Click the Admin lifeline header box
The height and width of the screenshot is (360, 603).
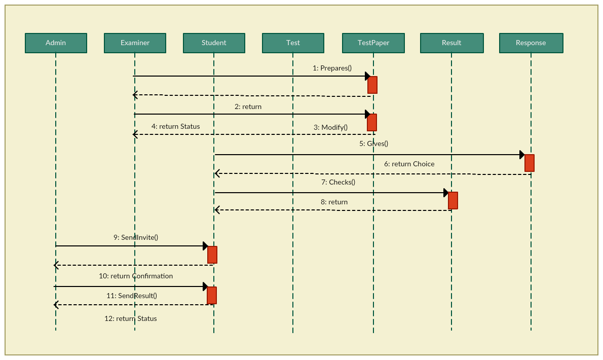pos(56,43)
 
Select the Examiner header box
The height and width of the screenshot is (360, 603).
pos(135,43)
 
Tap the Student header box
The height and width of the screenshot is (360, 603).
pos(214,43)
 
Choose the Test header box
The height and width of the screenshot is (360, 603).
pos(293,43)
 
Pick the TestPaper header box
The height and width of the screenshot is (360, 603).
pos(373,43)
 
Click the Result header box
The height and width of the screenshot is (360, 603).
pos(451,43)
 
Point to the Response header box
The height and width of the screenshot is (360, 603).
pos(531,43)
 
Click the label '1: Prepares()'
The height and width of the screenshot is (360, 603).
pos(332,68)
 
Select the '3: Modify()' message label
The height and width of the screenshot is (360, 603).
pos(330,127)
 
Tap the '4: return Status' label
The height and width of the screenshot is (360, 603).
pos(175,126)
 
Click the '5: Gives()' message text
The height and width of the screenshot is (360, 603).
pos(373,143)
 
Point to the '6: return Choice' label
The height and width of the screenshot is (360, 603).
pos(409,164)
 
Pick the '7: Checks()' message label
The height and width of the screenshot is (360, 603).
pos(338,182)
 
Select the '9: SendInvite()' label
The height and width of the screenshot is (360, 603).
pos(136,237)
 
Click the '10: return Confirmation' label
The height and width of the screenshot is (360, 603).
pos(136,276)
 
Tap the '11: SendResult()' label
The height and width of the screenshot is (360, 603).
pos(132,296)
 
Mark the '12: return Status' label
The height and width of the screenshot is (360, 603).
pos(131,319)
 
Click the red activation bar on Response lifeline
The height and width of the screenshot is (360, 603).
pos(530,163)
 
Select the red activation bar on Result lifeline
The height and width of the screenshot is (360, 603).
pos(453,200)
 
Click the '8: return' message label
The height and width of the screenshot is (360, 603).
pos(334,202)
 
